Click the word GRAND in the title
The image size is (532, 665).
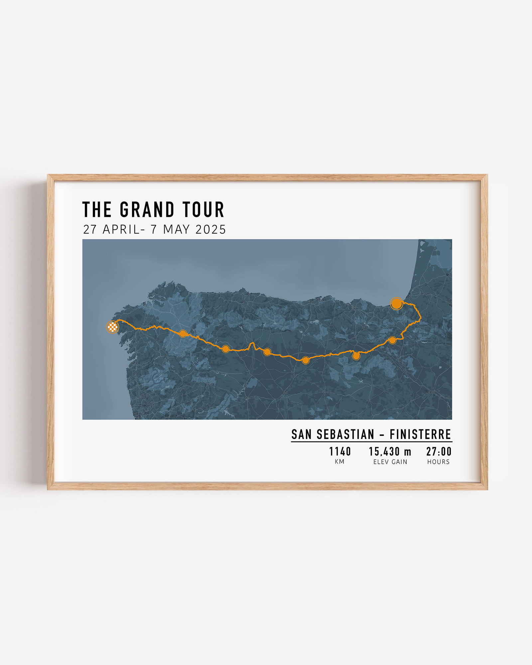click(x=147, y=210)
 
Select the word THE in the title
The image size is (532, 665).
click(x=97, y=210)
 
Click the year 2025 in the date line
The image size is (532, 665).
click(x=210, y=229)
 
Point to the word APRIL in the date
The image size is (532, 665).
click(x=121, y=229)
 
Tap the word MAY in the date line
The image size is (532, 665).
click(x=176, y=229)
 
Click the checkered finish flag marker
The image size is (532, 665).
click(x=113, y=327)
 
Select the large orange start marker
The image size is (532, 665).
click(x=396, y=304)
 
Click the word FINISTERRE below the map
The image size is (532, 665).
click(x=420, y=435)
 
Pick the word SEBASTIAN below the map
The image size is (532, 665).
click(x=345, y=435)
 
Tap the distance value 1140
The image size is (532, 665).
click(x=340, y=452)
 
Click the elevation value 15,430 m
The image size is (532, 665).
click(x=390, y=452)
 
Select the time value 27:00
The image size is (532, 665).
click(x=439, y=452)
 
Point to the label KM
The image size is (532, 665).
click(x=339, y=462)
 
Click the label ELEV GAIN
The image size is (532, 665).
click(x=390, y=462)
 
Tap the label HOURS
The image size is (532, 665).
click(x=438, y=462)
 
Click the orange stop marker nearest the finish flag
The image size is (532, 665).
click(x=183, y=333)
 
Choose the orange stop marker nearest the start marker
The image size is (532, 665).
click(x=392, y=340)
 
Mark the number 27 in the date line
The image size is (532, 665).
click(x=90, y=229)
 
